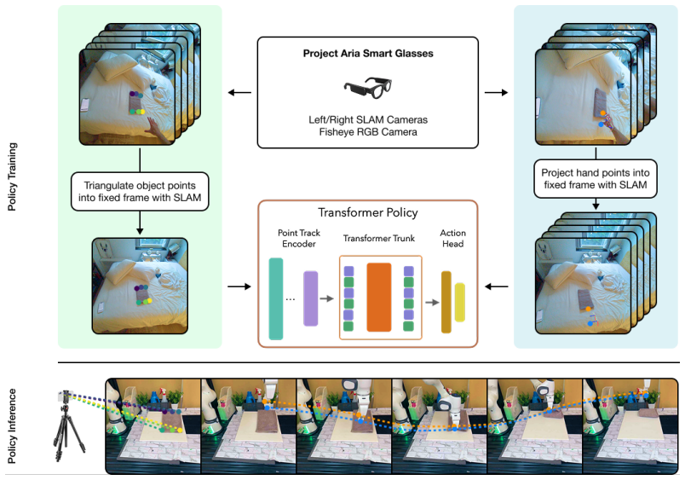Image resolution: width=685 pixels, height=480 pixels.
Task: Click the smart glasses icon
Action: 367,88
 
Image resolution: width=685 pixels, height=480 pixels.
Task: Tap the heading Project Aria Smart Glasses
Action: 368,54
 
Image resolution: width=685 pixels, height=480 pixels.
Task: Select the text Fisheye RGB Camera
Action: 368,132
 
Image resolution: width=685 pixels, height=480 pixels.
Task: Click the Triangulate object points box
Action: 140,192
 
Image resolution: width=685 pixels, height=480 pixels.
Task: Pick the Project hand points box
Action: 595,179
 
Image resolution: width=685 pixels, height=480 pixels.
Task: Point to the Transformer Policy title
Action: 368,212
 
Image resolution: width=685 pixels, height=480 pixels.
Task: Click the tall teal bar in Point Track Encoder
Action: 276,298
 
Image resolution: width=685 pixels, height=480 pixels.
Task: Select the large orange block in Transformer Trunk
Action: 379,298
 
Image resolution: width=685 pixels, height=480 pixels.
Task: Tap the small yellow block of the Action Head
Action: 459,303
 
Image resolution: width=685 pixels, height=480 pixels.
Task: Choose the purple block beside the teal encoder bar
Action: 311,298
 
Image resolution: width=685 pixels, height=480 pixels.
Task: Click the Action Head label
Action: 452,238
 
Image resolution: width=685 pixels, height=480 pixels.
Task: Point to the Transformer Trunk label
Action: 379,238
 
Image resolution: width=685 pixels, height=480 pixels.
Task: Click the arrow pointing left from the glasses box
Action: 240,93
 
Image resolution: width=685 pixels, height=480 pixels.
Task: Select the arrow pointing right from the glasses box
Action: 496,93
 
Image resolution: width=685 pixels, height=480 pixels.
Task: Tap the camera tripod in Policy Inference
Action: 66,425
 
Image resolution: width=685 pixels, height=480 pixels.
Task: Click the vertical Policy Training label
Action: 12,176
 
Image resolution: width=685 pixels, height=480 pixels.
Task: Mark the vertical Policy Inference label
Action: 12,425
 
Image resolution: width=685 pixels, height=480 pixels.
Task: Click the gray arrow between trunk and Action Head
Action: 432,302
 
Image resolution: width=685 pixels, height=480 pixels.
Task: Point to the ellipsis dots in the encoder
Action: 290,299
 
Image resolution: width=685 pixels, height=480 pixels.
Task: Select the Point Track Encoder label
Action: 299,238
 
